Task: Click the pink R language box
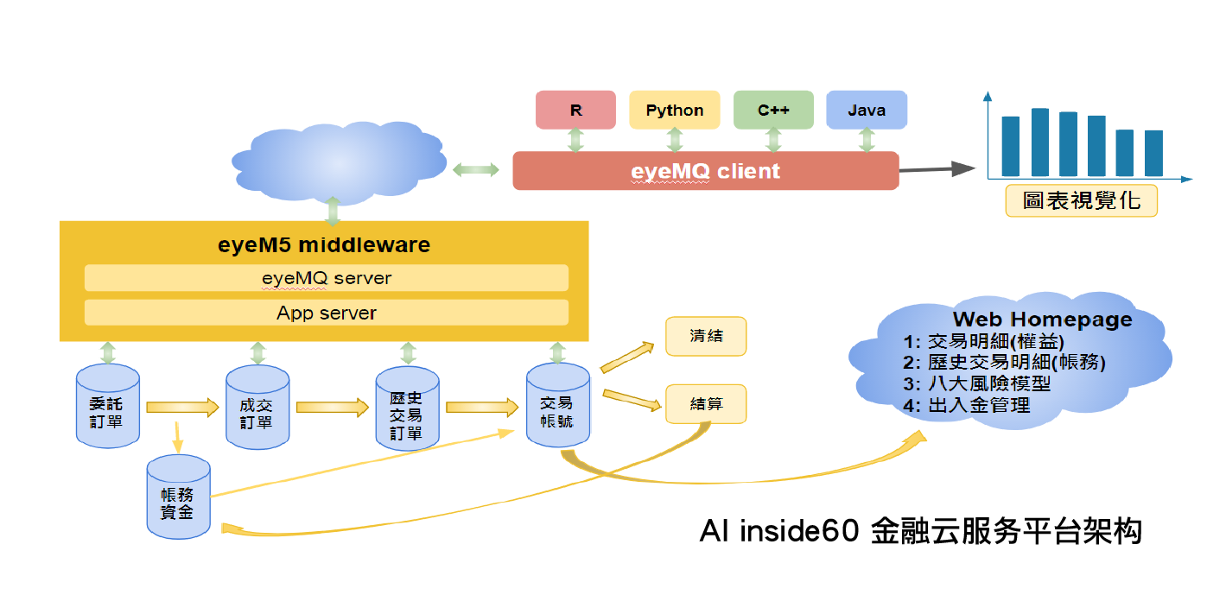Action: coord(575,110)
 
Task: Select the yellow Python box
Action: coord(675,110)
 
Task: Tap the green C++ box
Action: coord(773,110)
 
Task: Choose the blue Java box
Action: coord(867,110)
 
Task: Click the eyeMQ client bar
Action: coord(705,171)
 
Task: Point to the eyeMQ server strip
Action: coord(327,278)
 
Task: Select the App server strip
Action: coord(327,313)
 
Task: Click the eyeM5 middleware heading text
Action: coord(324,244)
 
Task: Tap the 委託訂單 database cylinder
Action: coord(107,407)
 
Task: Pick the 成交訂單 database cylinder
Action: coord(257,408)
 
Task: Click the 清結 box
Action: coord(705,337)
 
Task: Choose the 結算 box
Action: coord(705,403)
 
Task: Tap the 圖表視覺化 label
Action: coord(1081,201)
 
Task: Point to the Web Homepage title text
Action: coord(1042,320)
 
